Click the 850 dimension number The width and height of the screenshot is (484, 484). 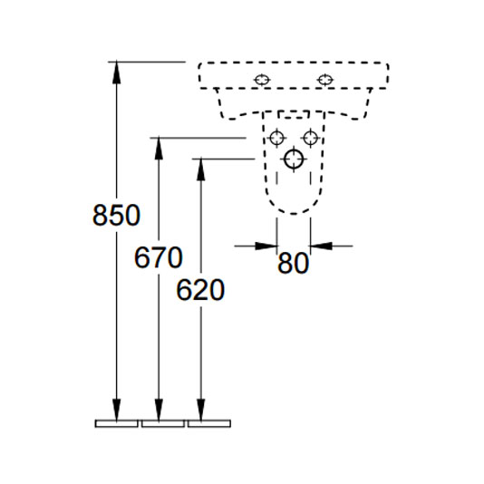pyautogui.click(x=116, y=215)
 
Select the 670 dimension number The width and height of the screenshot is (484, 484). pyautogui.click(x=159, y=257)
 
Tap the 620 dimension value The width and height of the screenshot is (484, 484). pyautogui.click(x=200, y=289)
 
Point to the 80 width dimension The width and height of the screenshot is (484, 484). pyautogui.click(x=293, y=263)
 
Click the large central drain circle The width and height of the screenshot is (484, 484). pyautogui.click(x=294, y=160)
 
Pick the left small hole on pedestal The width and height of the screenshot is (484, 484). pyautogui.click(x=276, y=138)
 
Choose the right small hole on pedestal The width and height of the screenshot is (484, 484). pyautogui.click(x=311, y=138)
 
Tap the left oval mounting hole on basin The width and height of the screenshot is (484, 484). pyautogui.click(x=262, y=80)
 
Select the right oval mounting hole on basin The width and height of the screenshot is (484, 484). pyautogui.click(x=325, y=80)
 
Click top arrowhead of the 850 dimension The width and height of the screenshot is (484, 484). pyautogui.click(x=116, y=72)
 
